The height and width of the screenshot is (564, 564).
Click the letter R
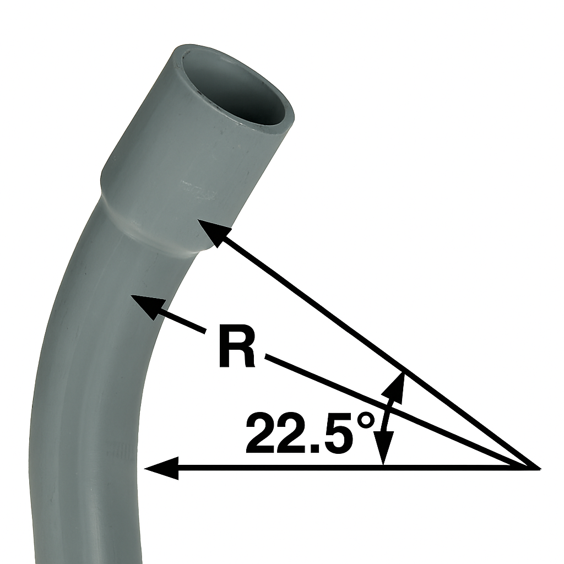[x=237, y=347]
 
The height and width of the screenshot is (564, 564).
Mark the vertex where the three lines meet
[x=538, y=468]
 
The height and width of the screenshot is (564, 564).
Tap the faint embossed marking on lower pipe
[x=124, y=452]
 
